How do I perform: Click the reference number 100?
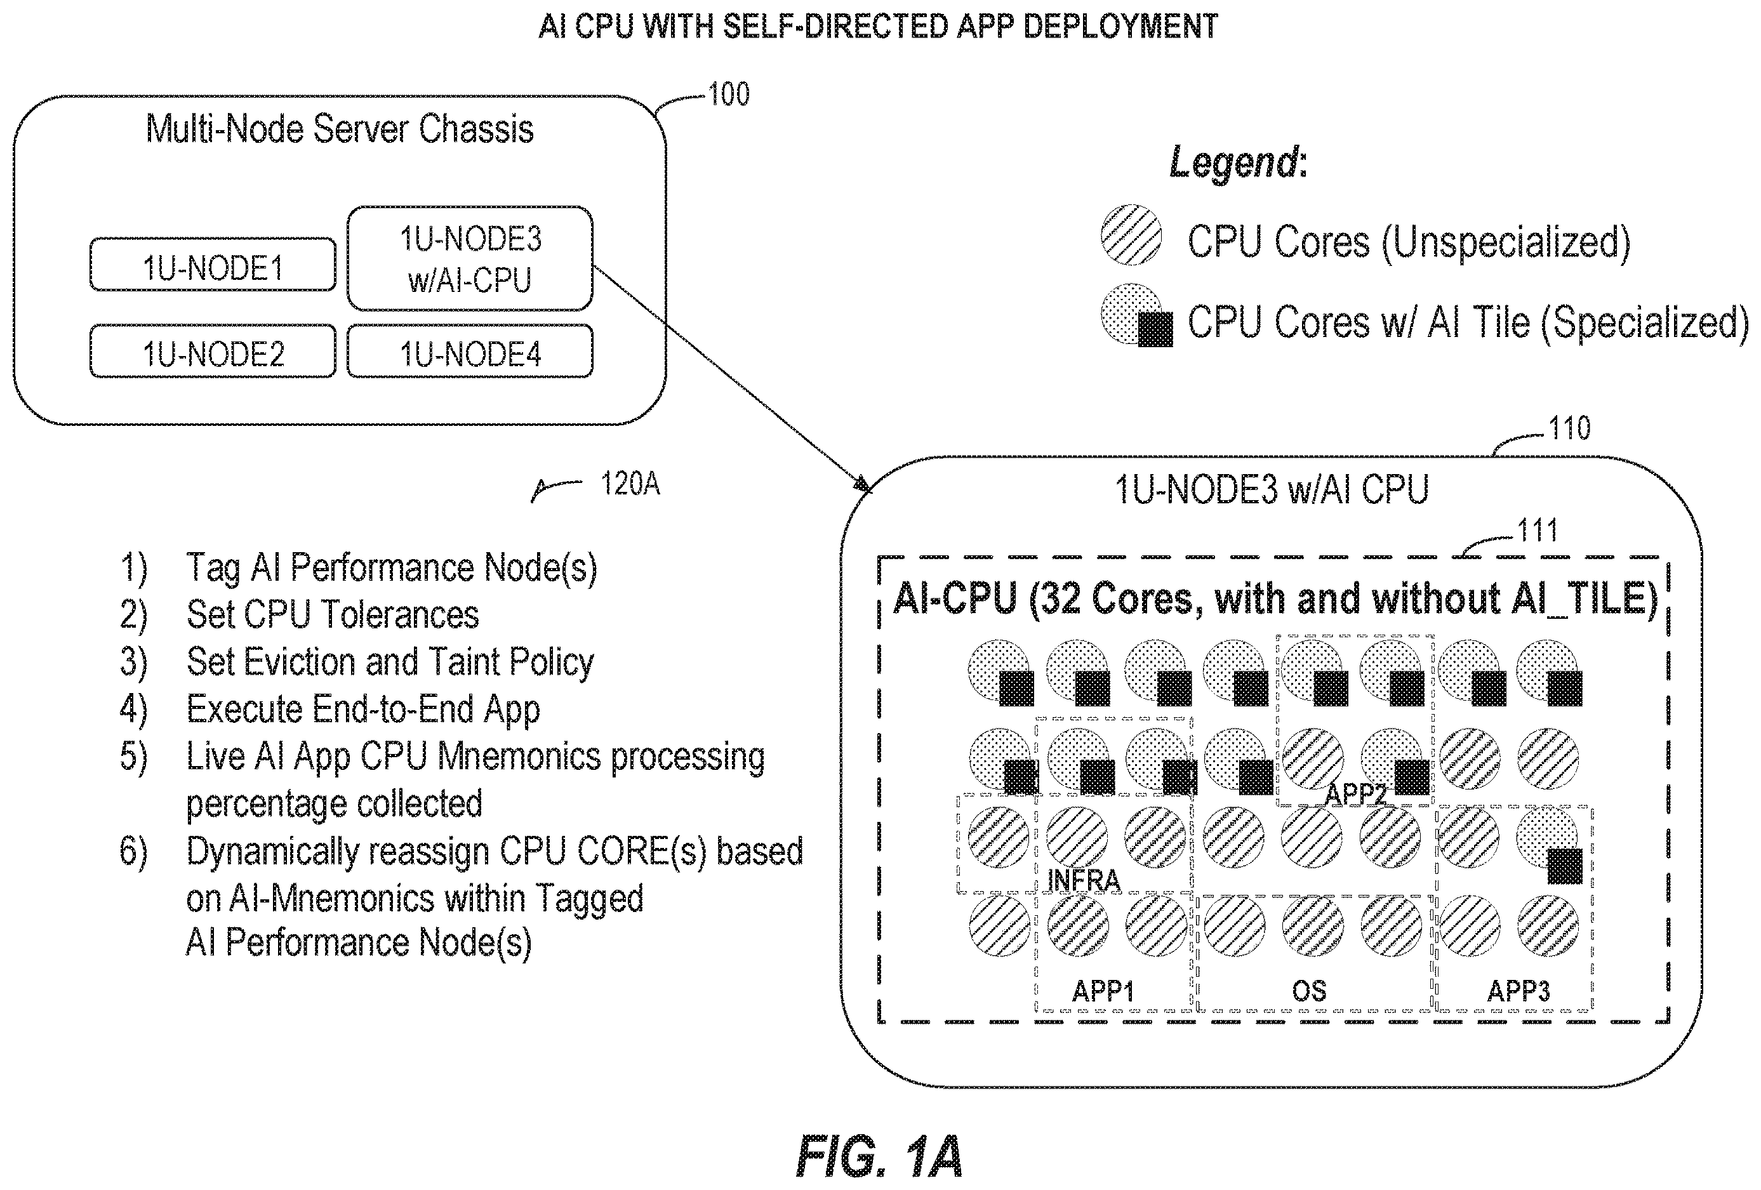728,95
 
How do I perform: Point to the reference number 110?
1569,429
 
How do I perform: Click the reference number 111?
1537,530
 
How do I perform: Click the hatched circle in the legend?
1131,235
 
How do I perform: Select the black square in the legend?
1156,329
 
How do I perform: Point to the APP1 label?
1103,991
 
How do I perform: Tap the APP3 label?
1518,991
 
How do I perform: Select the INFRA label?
1083,880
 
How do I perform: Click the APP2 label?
1355,794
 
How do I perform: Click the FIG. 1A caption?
879,1156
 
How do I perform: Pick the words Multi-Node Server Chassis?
340,129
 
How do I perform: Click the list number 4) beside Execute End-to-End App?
133,710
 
